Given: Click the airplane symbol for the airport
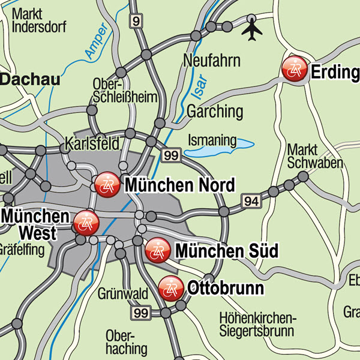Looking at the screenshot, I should (253, 29).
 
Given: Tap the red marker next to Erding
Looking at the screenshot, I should (295, 70).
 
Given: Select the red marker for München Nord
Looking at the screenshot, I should (109, 183).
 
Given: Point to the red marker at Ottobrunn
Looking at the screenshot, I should (172, 288).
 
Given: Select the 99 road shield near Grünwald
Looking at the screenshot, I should (142, 312).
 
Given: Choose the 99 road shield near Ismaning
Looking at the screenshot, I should (171, 155).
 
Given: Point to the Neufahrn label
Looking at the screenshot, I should (212, 61).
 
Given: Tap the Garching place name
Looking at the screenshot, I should (215, 111).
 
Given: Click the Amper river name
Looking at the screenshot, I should (96, 41).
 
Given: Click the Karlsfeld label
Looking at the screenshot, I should (92, 143).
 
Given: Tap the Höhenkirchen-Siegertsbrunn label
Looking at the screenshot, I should (256, 324).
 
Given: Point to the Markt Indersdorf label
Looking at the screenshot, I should (40, 20).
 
